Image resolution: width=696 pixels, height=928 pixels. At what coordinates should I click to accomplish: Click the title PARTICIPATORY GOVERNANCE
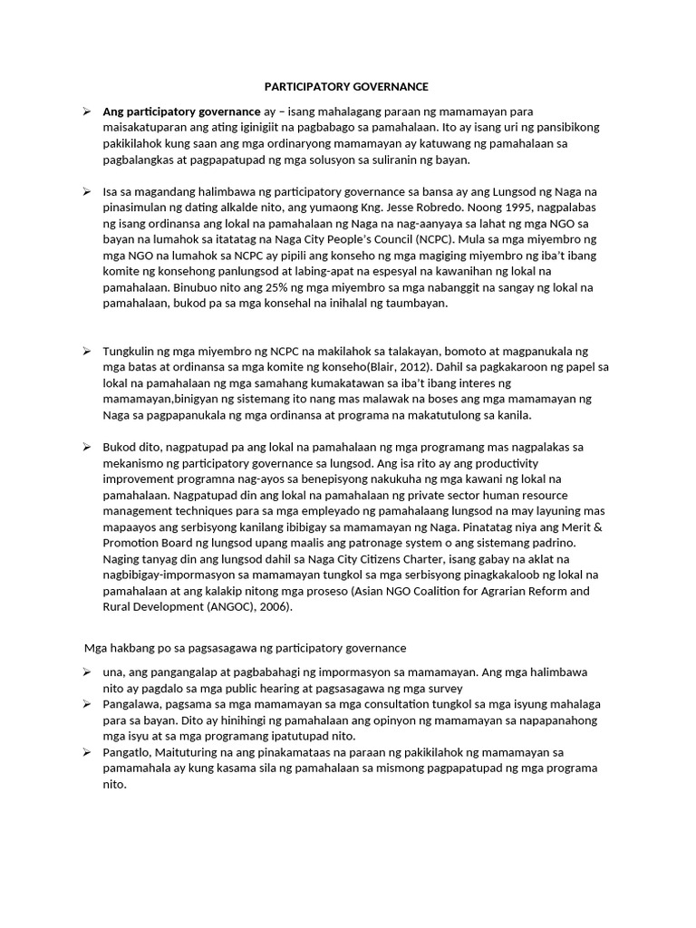click(x=346, y=87)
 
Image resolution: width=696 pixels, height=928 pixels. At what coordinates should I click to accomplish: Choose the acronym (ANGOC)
click(x=263, y=608)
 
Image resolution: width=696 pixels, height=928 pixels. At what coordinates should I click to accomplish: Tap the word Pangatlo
click(x=126, y=753)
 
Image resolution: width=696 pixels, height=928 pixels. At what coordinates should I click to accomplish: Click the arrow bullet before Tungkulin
click(x=86, y=351)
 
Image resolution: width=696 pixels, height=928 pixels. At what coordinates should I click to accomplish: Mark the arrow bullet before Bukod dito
click(x=86, y=447)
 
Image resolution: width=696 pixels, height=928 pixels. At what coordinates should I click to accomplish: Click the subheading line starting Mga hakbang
click(x=245, y=648)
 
